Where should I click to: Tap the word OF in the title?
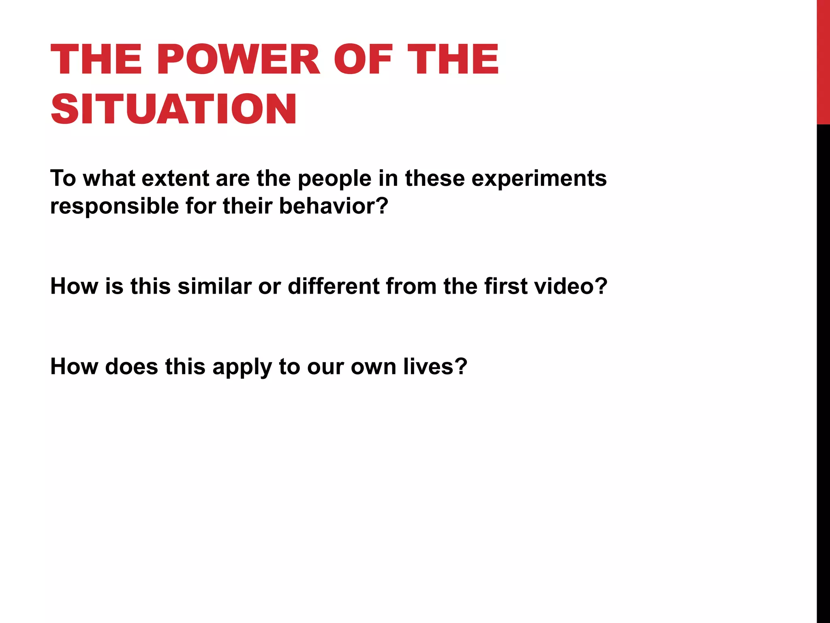point(363,60)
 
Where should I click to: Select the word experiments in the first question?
point(539,178)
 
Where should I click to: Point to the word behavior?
point(334,206)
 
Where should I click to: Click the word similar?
point(214,286)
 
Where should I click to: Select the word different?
point(333,286)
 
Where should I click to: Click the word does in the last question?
point(131,366)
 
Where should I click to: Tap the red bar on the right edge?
point(823,61)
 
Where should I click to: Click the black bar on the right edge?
point(823,365)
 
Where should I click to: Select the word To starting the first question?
point(63,178)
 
